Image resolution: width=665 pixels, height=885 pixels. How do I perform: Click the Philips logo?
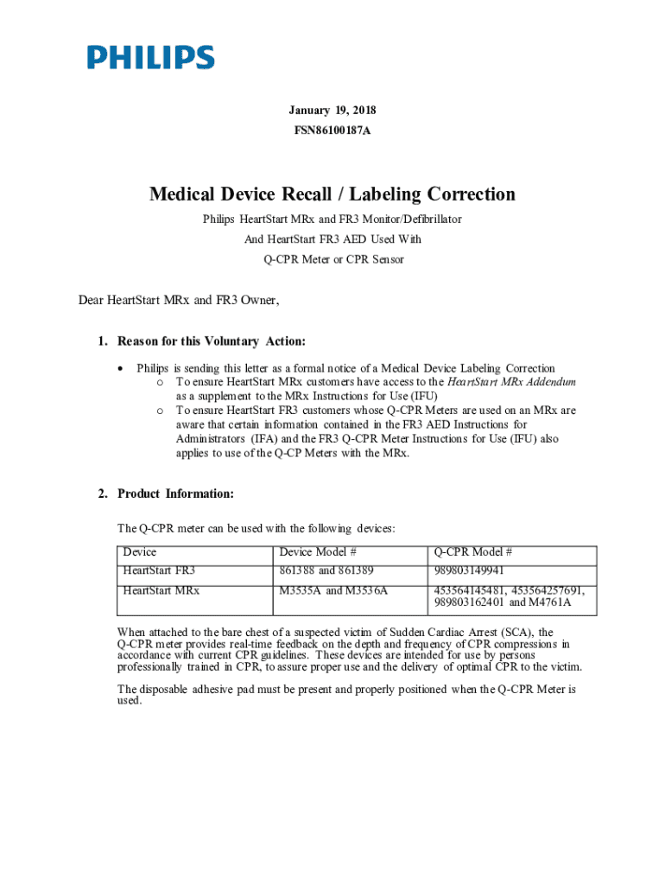click(x=150, y=58)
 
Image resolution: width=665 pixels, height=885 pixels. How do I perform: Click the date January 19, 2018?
click(x=332, y=111)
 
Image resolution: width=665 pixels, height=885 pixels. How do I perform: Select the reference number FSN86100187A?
click(x=332, y=131)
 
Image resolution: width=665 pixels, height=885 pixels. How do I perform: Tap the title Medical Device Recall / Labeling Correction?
click(x=332, y=194)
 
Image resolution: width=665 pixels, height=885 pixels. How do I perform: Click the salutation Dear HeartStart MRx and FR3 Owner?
click(x=179, y=301)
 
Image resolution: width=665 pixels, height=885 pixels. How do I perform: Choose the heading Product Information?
click(x=175, y=494)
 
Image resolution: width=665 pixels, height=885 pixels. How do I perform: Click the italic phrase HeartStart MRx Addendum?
click(x=511, y=382)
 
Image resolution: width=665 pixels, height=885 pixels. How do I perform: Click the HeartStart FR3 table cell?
click(x=159, y=571)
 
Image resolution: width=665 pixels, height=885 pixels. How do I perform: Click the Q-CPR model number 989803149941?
click(x=469, y=571)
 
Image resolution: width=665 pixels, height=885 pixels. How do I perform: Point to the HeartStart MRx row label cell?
click(x=161, y=591)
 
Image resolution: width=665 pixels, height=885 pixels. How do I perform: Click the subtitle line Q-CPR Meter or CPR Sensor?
click(x=332, y=259)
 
